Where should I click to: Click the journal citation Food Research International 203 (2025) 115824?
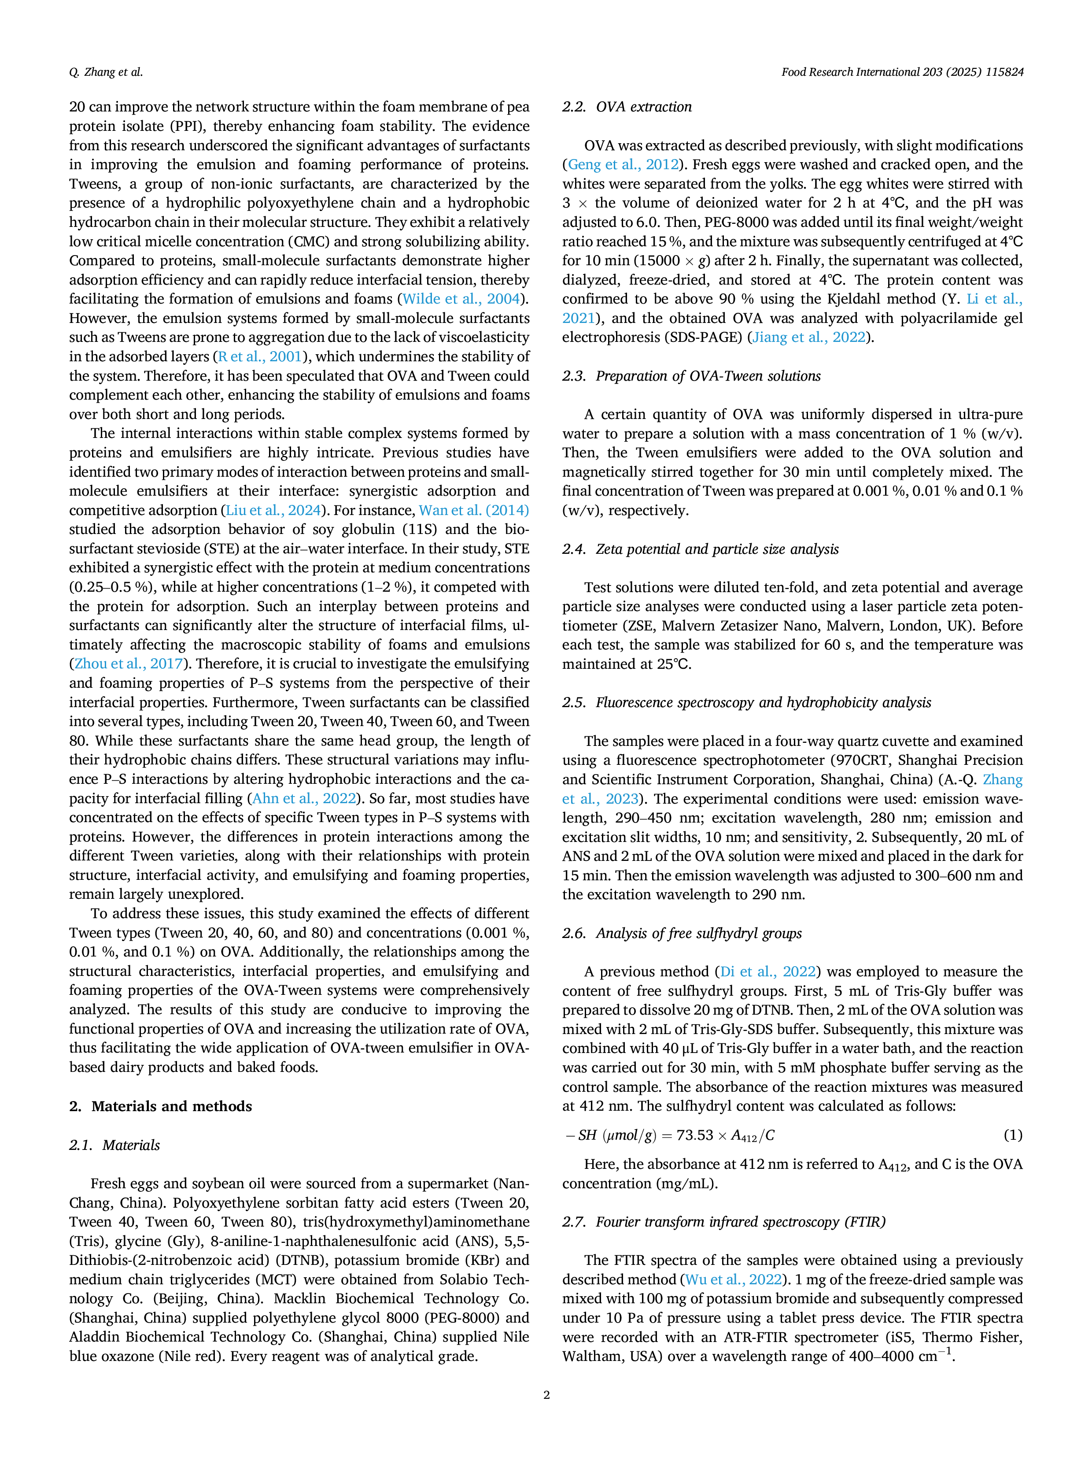pos(902,72)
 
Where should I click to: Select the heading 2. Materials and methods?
pos(161,1106)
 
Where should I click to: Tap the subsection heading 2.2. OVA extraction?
pos(627,107)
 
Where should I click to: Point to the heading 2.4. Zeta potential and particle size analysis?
pos(701,549)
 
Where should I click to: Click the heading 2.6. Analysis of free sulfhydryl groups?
pos(682,933)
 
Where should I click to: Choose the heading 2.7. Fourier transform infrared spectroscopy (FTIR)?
pos(724,1221)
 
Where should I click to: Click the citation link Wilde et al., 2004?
pos(461,299)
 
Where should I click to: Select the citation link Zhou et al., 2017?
pos(129,664)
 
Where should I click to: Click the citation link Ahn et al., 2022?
pos(304,798)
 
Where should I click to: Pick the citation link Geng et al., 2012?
pos(623,165)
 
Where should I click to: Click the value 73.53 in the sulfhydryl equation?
pos(695,1135)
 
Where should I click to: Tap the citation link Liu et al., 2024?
pos(273,511)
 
